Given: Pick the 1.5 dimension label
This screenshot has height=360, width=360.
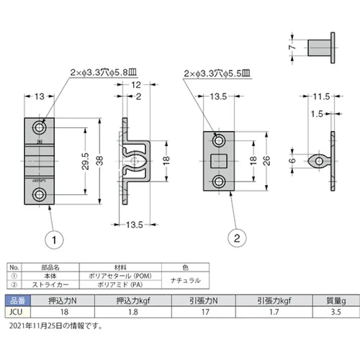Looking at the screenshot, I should pos(317,114).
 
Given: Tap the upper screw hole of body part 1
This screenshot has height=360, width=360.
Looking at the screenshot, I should pos(39,126).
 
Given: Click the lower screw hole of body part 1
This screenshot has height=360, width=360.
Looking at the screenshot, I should pos(39,194).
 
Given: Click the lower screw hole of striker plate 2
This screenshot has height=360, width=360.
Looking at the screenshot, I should pos(220,181).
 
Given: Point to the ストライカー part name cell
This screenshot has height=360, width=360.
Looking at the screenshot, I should pos(50,284).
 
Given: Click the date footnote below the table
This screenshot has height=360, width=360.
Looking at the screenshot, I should pos(56,326).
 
